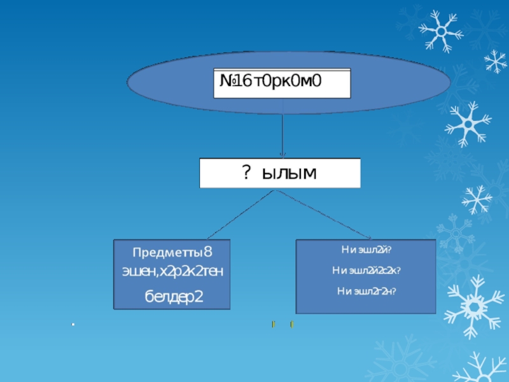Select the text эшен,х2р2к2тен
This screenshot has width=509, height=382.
[172, 272]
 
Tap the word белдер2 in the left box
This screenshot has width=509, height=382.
[172, 295]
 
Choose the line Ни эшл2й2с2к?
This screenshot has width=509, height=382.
[366, 271]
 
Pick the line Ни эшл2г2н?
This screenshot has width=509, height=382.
[366, 291]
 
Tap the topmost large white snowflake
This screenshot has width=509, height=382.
[440, 30]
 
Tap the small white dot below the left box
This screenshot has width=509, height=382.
[73, 325]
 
